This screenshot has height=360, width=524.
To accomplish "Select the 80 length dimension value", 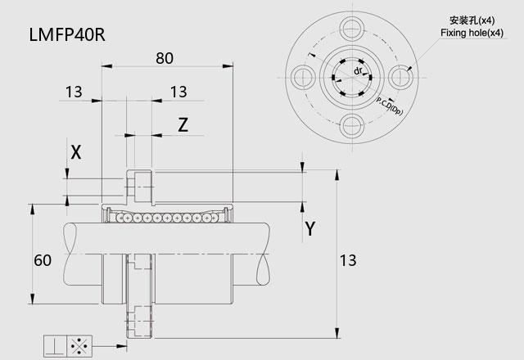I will (165, 58).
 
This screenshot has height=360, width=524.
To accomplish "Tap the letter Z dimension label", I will (183, 124).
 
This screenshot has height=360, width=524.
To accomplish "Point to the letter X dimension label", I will (76, 151).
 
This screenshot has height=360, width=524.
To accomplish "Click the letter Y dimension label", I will (310, 229).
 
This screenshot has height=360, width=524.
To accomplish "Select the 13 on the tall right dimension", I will (348, 261).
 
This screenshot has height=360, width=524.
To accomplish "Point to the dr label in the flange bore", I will (358, 71).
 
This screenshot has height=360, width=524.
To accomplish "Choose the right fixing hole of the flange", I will (400, 77).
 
